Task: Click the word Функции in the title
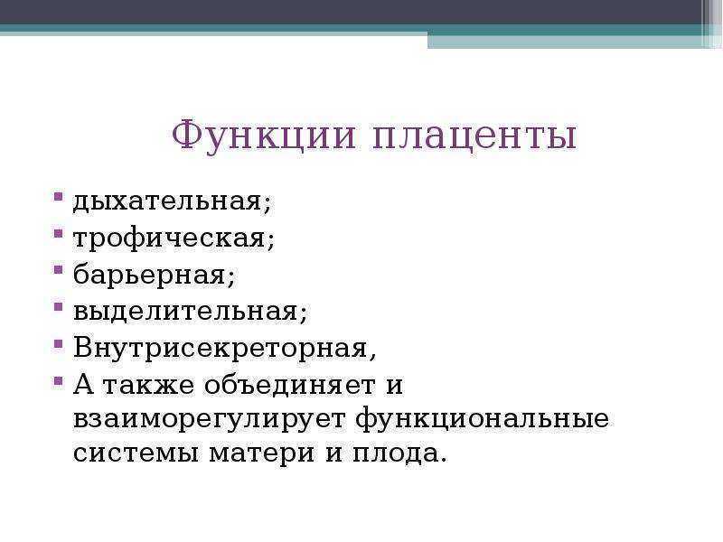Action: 264,135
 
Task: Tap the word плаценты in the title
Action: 474,138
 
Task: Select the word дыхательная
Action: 167,201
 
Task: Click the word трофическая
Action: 169,238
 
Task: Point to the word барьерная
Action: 149,275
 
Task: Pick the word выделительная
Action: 185,311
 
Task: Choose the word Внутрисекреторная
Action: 220,348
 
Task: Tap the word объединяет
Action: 289,385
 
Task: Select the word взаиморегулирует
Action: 209,419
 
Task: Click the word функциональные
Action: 483,419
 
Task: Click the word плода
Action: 395,453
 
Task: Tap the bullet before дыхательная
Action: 58,197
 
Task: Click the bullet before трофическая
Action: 58,233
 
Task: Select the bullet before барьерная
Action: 58,269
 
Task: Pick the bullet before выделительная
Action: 58,306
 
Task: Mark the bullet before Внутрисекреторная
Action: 58,343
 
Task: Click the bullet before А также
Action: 58,380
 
